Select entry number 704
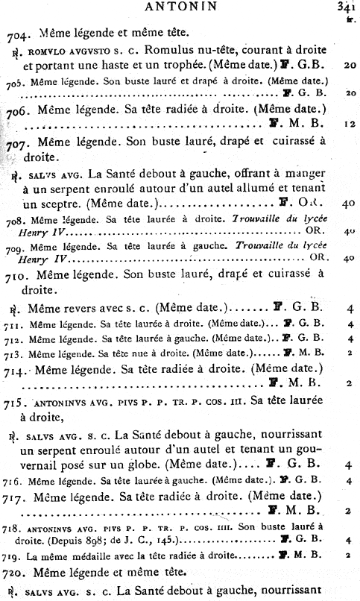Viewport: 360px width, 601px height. pos(18,34)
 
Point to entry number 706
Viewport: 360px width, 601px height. pos(17,110)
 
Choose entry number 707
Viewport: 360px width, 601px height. pos(18,142)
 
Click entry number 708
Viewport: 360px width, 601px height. pos(15,221)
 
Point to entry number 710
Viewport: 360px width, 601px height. pos(17,274)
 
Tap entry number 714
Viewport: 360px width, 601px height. pos(17,369)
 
